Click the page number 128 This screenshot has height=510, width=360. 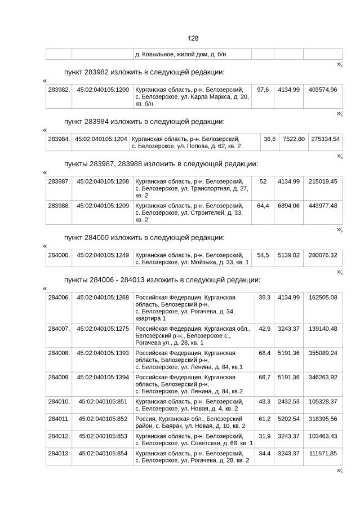point(193,38)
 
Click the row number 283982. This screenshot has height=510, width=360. point(59,90)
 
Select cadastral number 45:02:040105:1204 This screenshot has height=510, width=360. point(101,139)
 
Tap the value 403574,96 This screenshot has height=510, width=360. point(323,90)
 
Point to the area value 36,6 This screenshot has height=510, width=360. point(269,139)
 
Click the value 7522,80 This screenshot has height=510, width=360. point(294,139)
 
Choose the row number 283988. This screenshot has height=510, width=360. point(59,206)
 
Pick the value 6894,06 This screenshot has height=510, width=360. point(288,206)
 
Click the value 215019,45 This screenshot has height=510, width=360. point(323,181)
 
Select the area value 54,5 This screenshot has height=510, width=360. point(263,255)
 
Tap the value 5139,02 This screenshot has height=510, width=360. point(288,255)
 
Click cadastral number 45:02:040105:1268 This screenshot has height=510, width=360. point(103,297)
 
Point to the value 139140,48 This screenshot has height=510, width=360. point(323,329)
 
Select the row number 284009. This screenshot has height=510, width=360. point(59,377)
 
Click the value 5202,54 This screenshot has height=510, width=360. point(288,419)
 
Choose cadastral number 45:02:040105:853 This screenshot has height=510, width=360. point(103,436)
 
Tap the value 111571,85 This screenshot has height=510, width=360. point(323,453)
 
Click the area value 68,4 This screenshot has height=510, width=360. point(264,353)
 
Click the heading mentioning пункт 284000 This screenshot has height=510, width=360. point(144,237)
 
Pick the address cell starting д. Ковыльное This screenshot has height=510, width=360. point(185,54)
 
